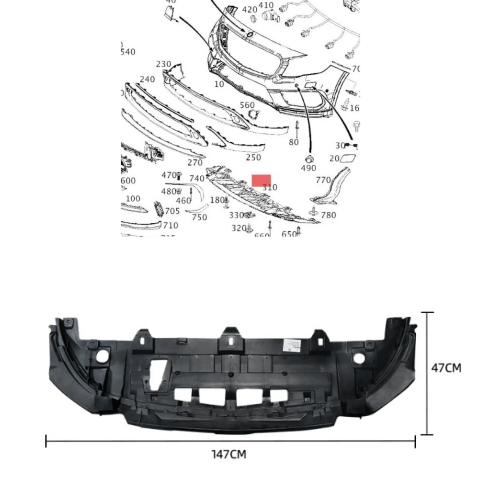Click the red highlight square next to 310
(x=261, y=181)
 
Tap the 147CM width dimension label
(x=229, y=454)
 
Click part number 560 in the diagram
(x=247, y=105)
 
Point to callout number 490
(x=308, y=168)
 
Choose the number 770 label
(x=324, y=180)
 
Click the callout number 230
(x=164, y=64)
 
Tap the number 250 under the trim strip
(x=253, y=157)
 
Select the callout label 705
(x=172, y=211)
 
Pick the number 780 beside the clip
(x=329, y=215)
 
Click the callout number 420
(x=249, y=10)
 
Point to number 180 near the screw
(x=217, y=200)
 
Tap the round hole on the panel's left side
(x=102, y=356)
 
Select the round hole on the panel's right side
(x=358, y=356)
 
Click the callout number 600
(x=128, y=181)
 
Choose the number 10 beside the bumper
(x=219, y=84)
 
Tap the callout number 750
(x=199, y=217)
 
